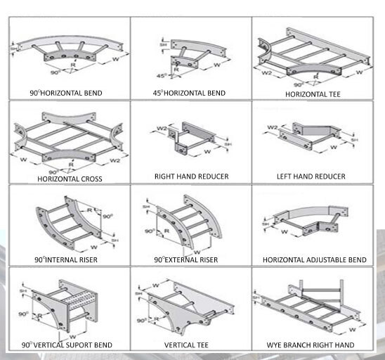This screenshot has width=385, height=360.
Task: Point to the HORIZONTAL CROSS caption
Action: (70, 179)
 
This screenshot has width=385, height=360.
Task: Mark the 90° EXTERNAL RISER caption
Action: (185, 260)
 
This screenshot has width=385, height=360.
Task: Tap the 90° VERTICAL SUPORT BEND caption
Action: (67, 345)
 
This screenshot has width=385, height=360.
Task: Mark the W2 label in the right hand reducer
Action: (162, 129)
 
